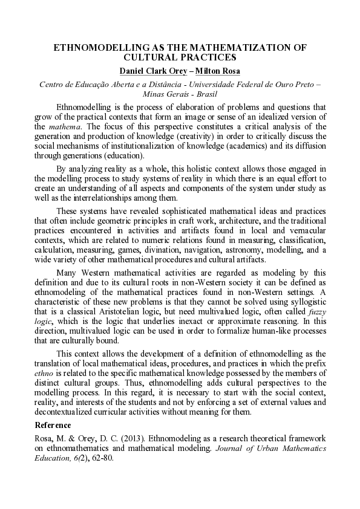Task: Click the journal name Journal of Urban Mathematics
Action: click(x=274, y=448)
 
